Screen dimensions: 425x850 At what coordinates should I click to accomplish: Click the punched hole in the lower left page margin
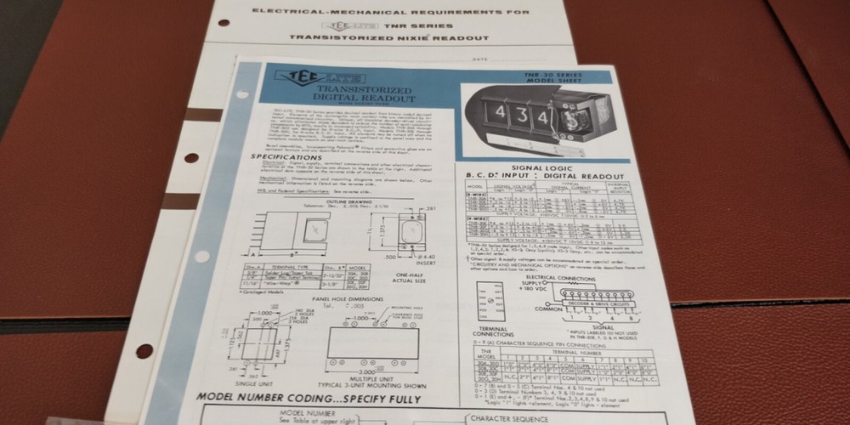(143, 350)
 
